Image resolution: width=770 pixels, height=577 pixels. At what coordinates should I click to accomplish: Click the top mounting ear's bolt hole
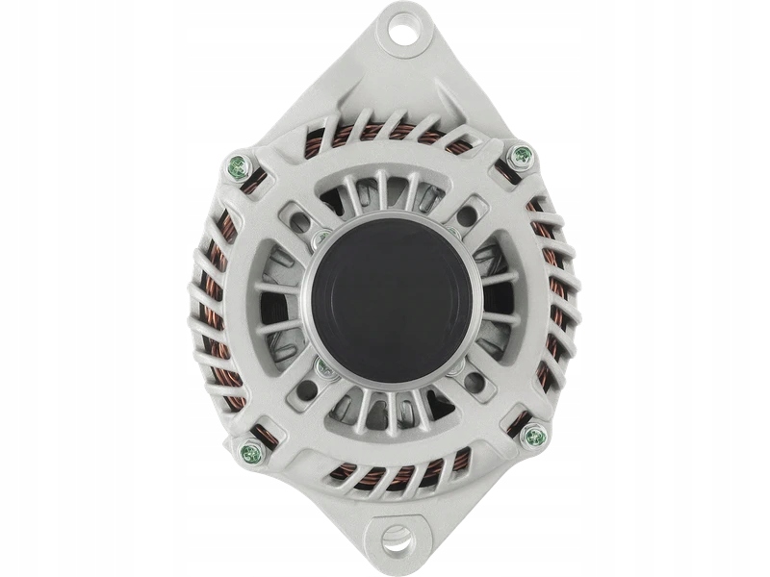click(x=403, y=31)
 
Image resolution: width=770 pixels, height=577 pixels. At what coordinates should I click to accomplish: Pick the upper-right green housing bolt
click(x=520, y=155)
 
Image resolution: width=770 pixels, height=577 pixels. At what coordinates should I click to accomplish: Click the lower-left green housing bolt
click(x=251, y=452)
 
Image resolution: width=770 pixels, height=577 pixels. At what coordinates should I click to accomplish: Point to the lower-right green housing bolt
click(x=533, y=437)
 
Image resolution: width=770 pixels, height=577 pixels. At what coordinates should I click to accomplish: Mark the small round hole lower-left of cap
click(x=308, y=389)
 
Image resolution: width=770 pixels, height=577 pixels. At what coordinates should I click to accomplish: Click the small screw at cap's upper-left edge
click(x=321, y=237)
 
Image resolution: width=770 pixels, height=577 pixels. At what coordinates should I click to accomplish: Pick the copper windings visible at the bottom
click(x=399, y=473)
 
